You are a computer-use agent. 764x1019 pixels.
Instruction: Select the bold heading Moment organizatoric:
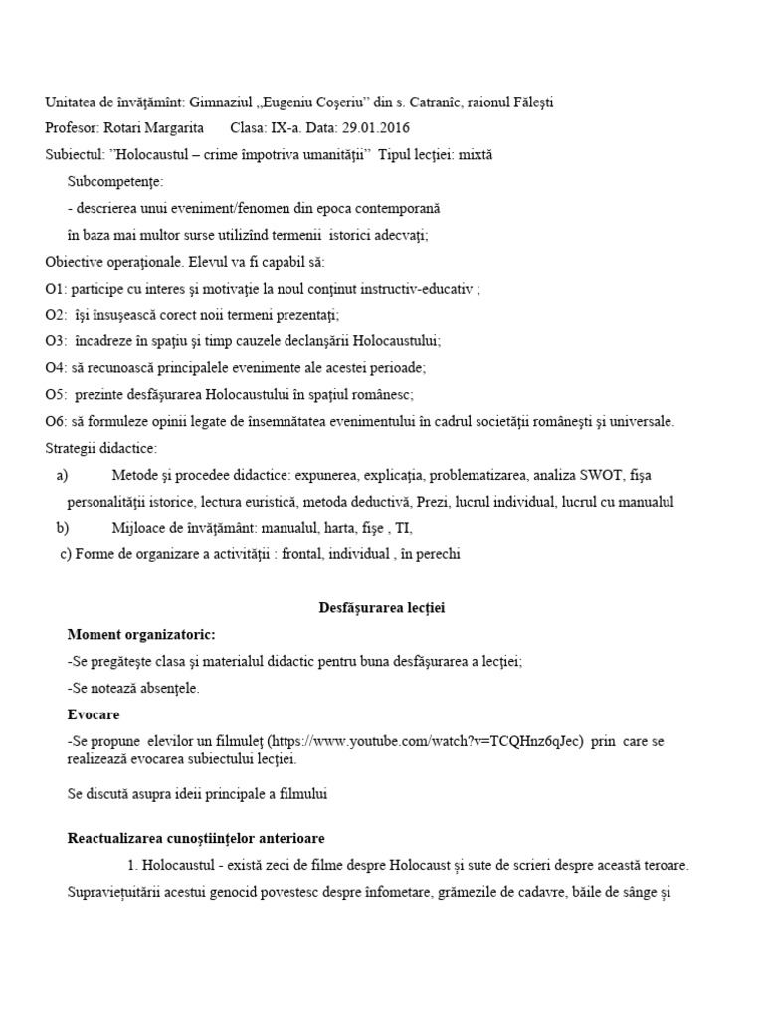pyautogui.click(x=140, y=634)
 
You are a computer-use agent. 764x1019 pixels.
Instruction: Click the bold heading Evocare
pyautogui.click(x=94, y=713)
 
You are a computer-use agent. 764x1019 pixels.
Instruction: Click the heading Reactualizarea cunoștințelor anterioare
pyautogui.click(x=195, y=838)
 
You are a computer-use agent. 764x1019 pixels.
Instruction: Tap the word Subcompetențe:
pyautogui.click(x=115, y=182)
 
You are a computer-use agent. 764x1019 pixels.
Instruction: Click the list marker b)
pyautogui.click(x=64, y=528)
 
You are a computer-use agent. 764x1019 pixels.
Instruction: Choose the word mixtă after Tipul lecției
pyautogui.click(x=473, y=155)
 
